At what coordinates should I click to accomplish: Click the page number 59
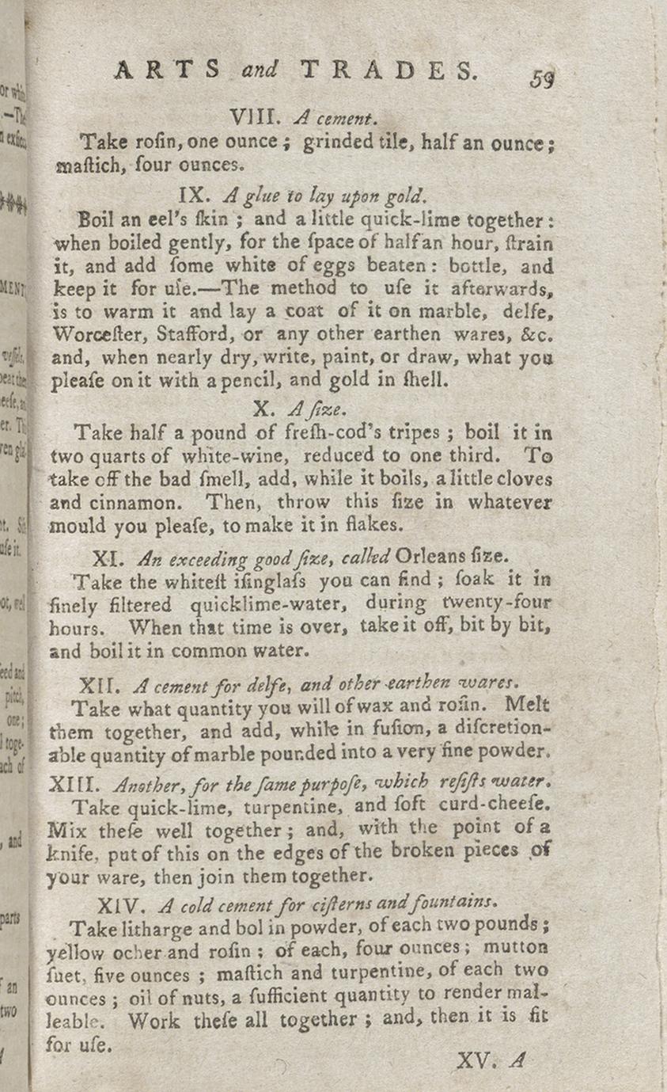[x=542, y=79]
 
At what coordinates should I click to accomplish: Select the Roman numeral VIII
[x=255, y=119]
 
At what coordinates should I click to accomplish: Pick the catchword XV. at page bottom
[x=476, y=1060]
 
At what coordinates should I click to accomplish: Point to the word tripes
[x=411, y=434]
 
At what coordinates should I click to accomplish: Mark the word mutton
[x=515, y=948]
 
